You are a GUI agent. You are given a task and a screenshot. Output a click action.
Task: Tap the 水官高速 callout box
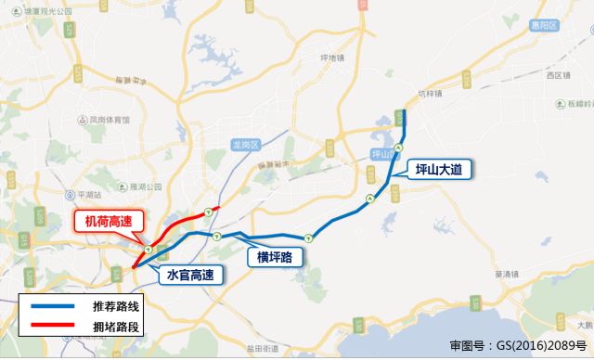190,275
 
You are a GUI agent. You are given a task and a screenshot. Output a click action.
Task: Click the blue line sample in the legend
57,305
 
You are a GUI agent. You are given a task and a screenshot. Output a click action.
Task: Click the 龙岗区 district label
248,143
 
